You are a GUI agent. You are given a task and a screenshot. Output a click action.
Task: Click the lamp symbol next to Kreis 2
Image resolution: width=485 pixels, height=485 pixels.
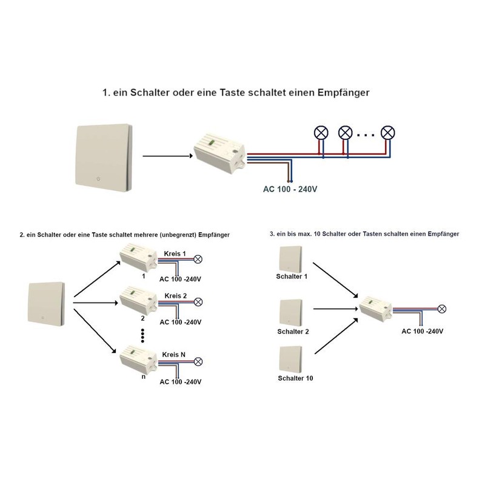click(x=197, y=301)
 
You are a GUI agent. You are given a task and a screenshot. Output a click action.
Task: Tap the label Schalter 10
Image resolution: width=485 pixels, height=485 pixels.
click(x=294, y=379)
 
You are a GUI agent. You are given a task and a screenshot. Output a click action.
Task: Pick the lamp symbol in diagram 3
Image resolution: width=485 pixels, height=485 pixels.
click(x=443, y=309)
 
